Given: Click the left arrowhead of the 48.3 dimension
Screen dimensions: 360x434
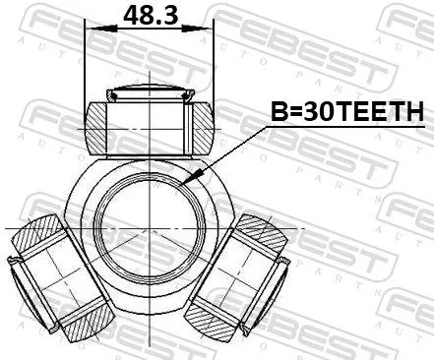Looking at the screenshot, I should (x=91, y=28).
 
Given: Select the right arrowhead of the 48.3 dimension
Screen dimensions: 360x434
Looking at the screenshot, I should (x=209, y=28).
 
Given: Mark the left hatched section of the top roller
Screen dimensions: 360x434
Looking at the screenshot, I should (x=98, y=126).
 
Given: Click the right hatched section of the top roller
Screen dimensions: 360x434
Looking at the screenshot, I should (x=200, y=126).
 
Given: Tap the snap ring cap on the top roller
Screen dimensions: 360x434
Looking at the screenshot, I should (x=149, y=95).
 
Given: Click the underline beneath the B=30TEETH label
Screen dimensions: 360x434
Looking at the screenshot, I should (x=344, y=128).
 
